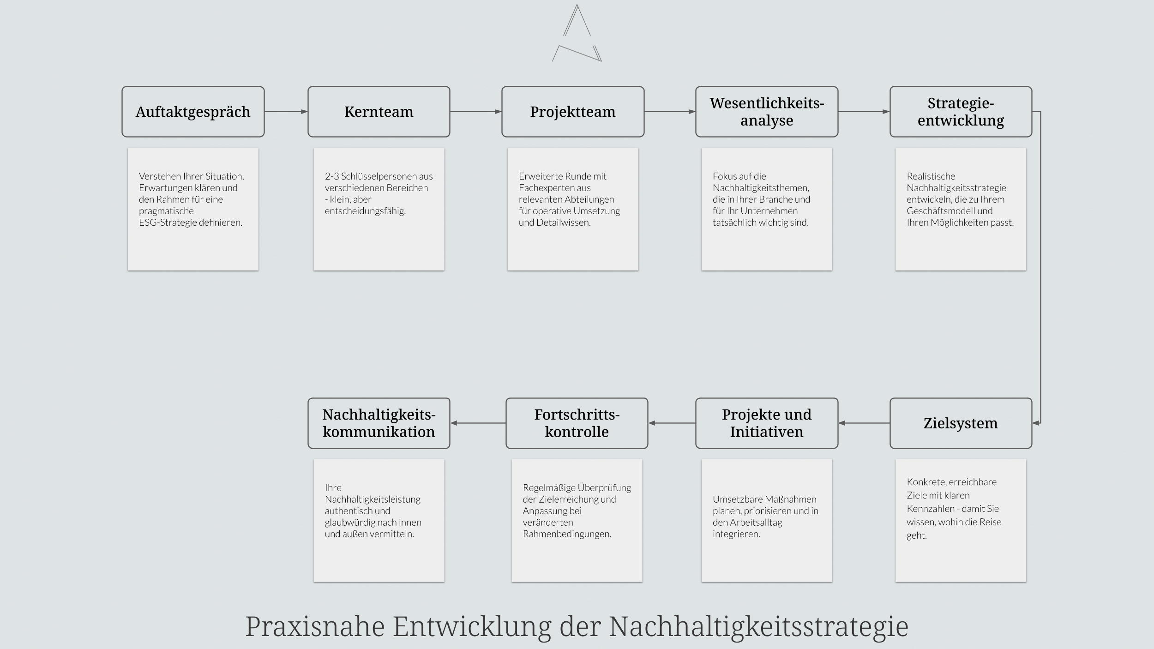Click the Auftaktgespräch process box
[x=193, y=112]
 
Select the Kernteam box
[x=379, y=112]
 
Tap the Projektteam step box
[x=573, y=112]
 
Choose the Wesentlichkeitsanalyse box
[x=767, y=112]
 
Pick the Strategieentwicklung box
[x=961, y=112]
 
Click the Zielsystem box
[x=961, y=423]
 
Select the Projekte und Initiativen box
[x=767, y=423]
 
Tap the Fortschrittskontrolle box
[x=577, y=423]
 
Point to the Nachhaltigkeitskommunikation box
[x=379, y=423]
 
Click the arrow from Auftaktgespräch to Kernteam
[x=286, y=112]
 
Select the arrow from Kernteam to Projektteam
[x=476, y=112]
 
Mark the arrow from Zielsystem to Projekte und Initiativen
[x=864, y=423]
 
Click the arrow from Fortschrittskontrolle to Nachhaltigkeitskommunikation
[x=478, y=423]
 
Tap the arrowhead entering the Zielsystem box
[x=1036, y=423]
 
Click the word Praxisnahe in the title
[x=315, y=627]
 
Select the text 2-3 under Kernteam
[x=332, y=176]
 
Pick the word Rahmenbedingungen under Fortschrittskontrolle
[x=567, y=534]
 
